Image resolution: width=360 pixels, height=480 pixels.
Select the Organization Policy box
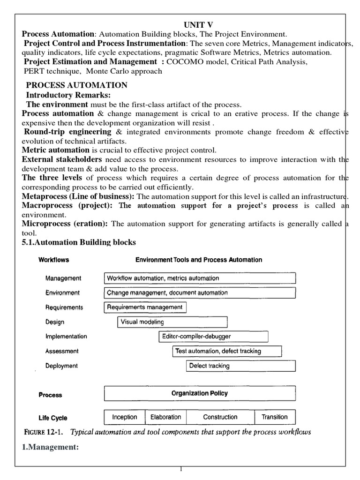coord(199,394)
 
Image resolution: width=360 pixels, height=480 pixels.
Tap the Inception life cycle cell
coord(124,417)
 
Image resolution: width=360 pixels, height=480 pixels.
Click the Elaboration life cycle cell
coord(165,417)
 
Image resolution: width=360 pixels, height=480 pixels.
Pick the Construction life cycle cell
coord(220,417)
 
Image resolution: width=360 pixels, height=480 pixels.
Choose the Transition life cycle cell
coord(275,417)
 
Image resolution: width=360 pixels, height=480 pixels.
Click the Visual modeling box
coord(172,322)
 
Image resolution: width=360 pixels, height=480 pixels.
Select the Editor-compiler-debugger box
coord(213,337)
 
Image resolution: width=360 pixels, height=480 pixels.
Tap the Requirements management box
coord(145,307)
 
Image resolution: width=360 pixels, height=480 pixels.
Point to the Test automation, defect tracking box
coord(227,351)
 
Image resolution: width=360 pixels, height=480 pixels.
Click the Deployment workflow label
coord(61,366)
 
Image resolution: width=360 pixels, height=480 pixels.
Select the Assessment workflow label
coord(62,351)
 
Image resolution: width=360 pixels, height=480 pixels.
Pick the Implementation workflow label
coord(66,337)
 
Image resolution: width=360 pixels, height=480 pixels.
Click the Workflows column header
coord(54,260)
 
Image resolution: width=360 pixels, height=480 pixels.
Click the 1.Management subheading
coord(49,448)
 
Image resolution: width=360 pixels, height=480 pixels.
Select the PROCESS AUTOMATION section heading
coord(76,85)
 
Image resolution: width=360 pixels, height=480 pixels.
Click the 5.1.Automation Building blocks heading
coord(79,242)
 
